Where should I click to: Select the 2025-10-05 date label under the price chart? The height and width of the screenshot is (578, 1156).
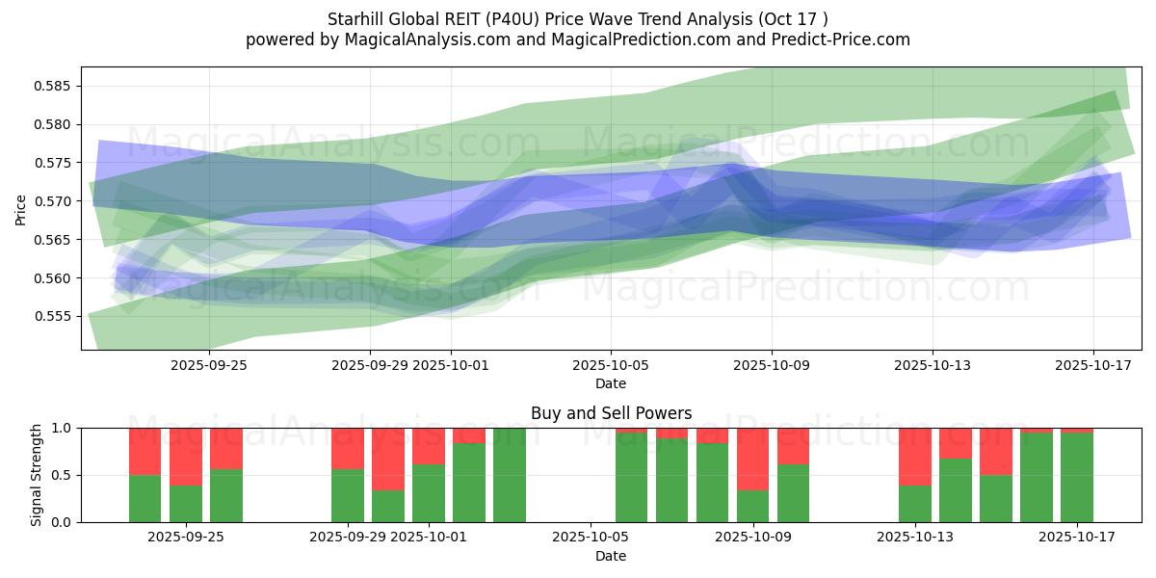coord(611,365)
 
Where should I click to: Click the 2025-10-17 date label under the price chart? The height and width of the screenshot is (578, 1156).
coord(1092,365)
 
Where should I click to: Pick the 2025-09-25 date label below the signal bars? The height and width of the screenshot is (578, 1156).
coord(186,537)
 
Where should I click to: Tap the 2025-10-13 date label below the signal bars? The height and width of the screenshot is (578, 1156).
coord(915,537)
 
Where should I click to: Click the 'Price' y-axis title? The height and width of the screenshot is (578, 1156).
coord(21,208)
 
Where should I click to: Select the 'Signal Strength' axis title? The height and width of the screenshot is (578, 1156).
coord(36,475)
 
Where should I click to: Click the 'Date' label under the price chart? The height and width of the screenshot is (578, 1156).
coord(611,383)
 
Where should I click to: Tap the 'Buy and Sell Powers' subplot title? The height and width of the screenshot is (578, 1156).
coord(611,413)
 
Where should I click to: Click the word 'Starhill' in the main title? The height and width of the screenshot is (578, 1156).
coord(357,19)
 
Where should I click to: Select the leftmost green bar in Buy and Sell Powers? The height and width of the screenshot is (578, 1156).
coord(145,498)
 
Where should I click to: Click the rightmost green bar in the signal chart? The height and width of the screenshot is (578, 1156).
coord(1076,477)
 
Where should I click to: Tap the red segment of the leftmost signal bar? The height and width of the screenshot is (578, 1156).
coord(145,451)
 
